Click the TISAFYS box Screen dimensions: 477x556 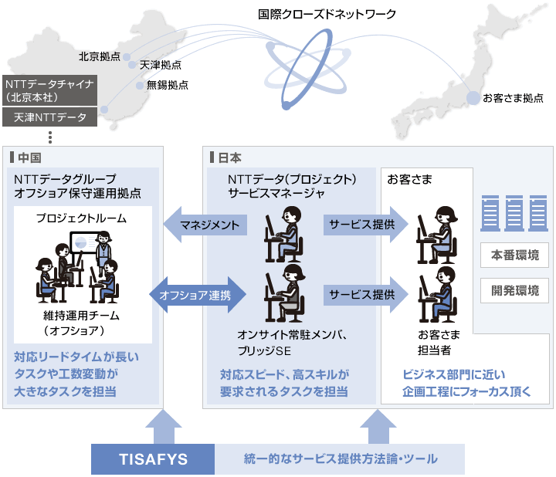tap(153, 459)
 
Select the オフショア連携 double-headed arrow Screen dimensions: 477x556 tap(202, 295)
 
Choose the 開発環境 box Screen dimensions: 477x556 tap(514, 292)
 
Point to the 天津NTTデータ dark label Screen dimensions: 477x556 tap(49, 117)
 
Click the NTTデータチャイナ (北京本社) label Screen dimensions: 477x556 tap(49, 90)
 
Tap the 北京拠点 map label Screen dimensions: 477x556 tap(99, 56)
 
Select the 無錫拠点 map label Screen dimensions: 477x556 tap(167, 85)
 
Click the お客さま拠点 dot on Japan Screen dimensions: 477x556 tap(473, 98)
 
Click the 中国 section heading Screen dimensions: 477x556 tap(29, 157)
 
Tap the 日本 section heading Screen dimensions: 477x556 tap(229, 157)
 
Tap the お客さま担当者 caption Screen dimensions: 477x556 tap(439, 341)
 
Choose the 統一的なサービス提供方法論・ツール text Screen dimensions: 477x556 tap(340, 459)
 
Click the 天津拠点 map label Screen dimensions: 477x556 tap(160, 66)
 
